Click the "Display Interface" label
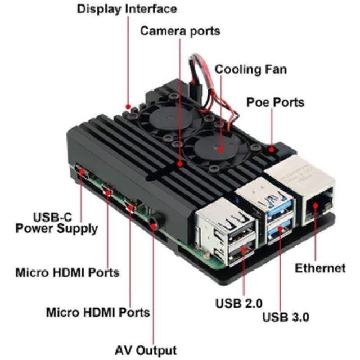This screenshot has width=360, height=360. coord(127,9)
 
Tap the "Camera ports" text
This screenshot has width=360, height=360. coord(180,30)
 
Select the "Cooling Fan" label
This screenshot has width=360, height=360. coord(251,70)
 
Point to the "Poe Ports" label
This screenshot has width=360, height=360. coord(276,102)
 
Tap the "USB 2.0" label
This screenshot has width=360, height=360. coord(239,304)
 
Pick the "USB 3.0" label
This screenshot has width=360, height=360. coord(286,317)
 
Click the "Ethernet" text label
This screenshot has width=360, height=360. coord(320,268)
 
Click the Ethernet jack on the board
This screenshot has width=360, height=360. coord(318,207)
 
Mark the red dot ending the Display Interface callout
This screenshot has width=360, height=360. coord(128,105)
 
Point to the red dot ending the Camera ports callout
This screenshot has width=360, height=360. coord(180,164)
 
